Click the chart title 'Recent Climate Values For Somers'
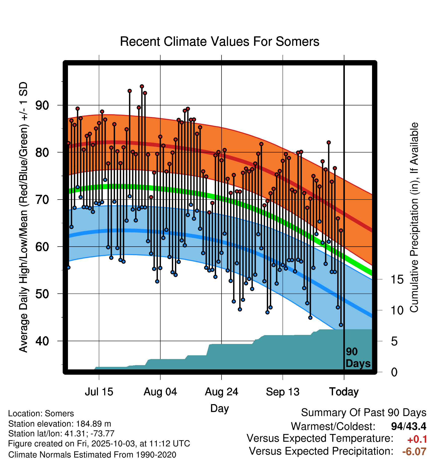[219, 42]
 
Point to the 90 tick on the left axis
[42, 105]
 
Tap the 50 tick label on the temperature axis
[42, 294]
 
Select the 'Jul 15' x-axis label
[99, 392]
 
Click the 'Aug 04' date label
[160, 392]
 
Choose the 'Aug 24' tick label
[222, 392]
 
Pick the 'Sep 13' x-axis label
[283, 392]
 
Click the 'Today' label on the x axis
[344, 392]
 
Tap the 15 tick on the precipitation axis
[397, 280]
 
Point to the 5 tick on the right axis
[394, 341]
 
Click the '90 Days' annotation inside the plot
[358, 358]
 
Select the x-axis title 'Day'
[219, 408]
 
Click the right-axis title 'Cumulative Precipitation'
[414, 218]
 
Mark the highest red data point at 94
[142, 87]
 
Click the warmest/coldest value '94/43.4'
[409, 426]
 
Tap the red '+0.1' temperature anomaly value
[417, 439]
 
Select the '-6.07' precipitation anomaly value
[414, 451]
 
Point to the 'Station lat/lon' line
[61, 434]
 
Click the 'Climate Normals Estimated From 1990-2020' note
[92, 455]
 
